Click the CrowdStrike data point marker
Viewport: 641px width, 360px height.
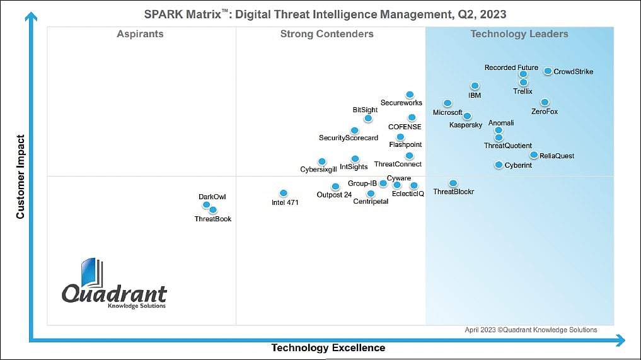548,71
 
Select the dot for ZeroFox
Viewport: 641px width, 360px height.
545,102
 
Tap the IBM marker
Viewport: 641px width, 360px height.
475,86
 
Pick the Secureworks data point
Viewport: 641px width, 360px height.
410,95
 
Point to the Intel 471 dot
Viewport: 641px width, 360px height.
283,193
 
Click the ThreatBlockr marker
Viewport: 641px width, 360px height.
453,183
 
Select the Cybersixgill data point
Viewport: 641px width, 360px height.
322,161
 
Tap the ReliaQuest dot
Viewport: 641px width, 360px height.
534,155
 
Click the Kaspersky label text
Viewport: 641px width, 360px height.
466,125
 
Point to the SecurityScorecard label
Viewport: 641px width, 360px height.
349,138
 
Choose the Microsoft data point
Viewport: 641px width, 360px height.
448,103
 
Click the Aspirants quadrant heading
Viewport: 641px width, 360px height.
140,34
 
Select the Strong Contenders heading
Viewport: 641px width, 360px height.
326,34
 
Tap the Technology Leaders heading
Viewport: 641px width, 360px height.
519,34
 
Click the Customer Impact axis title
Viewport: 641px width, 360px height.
20,177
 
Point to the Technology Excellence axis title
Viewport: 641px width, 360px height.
328,348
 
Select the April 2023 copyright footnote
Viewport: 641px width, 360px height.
531,330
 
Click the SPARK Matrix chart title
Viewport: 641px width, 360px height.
325,14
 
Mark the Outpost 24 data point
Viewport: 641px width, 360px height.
335,186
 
